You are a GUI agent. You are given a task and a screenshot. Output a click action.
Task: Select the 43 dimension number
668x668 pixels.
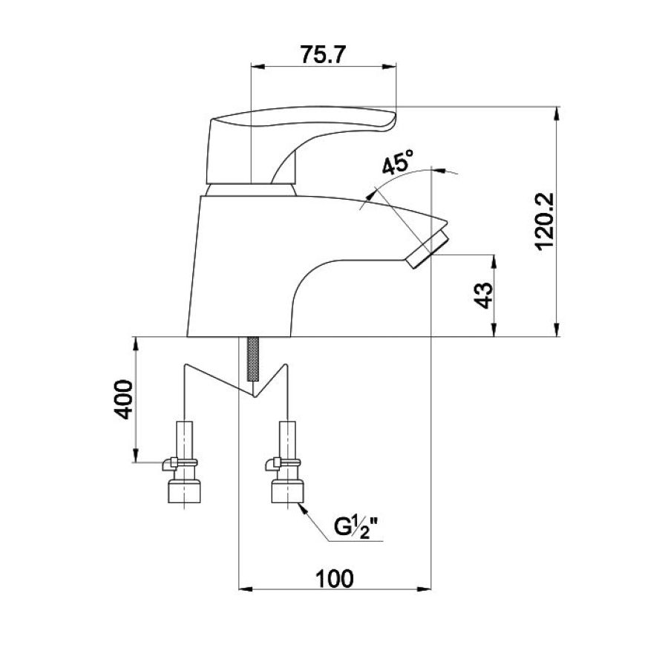483,295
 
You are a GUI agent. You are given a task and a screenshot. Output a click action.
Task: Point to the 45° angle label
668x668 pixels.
397,162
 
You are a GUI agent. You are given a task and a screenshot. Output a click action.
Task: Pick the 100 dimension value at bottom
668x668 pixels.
334,578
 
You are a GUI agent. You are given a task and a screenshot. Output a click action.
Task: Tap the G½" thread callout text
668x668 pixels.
356,528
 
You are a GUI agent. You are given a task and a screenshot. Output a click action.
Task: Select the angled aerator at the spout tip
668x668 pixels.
428,249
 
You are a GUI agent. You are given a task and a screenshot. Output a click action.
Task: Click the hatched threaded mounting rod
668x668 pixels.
253,358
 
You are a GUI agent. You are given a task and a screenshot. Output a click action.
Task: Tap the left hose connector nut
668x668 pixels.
184,491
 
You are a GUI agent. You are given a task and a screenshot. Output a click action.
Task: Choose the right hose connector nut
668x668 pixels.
287,491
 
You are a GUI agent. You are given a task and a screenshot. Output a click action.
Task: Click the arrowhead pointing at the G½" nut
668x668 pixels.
303,508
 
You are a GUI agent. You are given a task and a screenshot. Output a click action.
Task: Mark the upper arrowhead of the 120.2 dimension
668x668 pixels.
557,114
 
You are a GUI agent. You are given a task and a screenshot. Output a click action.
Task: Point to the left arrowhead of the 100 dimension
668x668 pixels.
246,589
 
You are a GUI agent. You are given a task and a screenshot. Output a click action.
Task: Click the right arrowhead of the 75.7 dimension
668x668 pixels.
389,66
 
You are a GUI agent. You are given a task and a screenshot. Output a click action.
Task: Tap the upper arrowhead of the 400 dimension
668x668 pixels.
136,344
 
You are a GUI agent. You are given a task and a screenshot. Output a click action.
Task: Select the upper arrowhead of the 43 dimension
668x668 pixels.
494,262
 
